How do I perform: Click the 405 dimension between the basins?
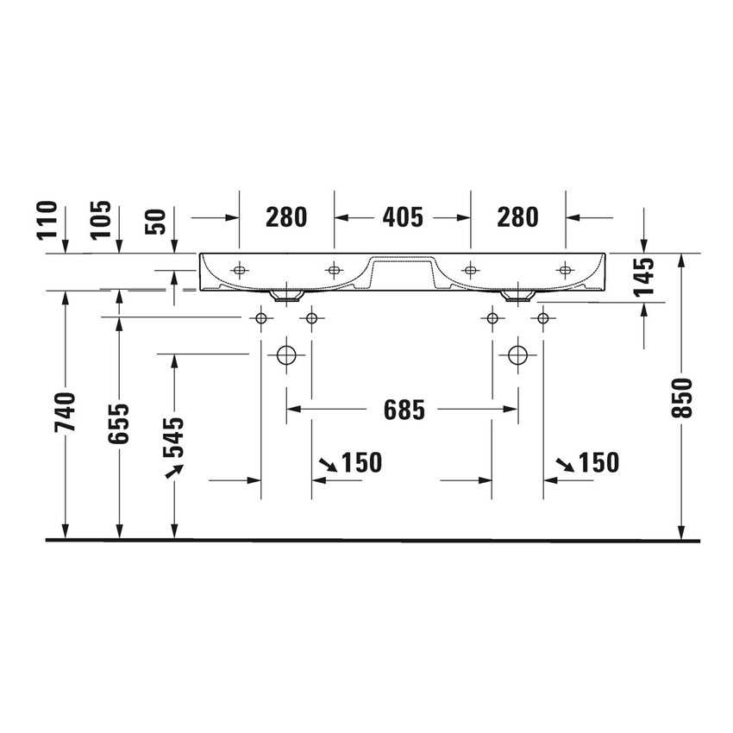pyautogui.click(x=402, y=218)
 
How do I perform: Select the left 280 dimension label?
pyautogui.click(x=285, y=218)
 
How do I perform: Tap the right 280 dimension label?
pyautogui.click(x=517, y=218)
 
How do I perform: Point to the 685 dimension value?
pyautogui.click(x=404, y=411)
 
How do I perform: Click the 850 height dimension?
pyautogui.click(x=681, y=398)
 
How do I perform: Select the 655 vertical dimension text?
pyautogui.click(x=120, y=423)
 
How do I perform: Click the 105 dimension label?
pyautogui.click(x=102, y=219)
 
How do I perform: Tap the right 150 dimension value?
pyautogui.click(x=598, y=463)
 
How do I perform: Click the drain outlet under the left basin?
pyautogui.click(x=285, y=296)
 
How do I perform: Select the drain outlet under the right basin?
pyautogui.click(x=517, y=297)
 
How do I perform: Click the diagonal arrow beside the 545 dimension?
pyautogui.click(x=175, y=470)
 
